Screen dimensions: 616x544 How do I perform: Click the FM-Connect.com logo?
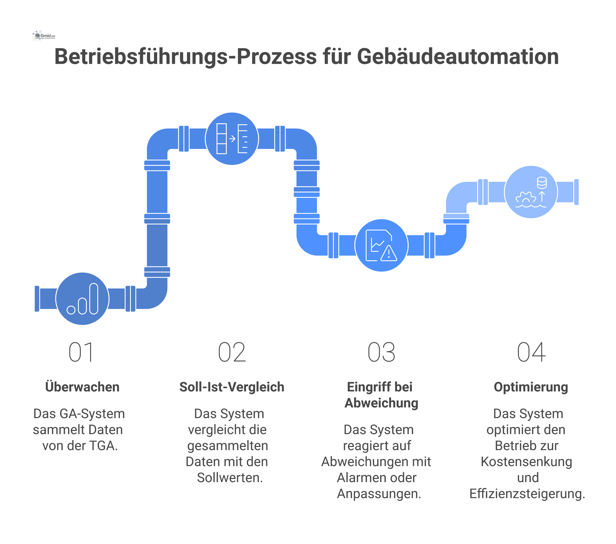coord(44,36)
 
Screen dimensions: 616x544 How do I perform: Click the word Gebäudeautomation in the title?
coord(458,57)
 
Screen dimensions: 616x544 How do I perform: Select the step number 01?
coord(81,352)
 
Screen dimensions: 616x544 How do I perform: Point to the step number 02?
coord(232,352)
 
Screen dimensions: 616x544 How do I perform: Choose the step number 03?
coord(381,352)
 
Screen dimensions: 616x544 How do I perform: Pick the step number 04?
coord(531,352)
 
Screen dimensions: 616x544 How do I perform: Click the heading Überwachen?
coord(82,387)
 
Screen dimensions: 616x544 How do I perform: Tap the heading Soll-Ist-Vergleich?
coord(232,387)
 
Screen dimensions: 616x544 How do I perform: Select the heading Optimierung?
coord(531,387)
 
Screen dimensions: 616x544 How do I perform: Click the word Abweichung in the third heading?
coord(381,403)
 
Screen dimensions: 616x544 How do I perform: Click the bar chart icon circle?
coord(82,299)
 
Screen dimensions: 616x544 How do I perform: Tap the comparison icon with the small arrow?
coord(232,139)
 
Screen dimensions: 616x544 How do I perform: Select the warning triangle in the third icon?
coord(389,253)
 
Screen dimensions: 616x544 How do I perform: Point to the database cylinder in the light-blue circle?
coord(542,183)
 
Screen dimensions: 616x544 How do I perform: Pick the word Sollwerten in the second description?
coord(230,478)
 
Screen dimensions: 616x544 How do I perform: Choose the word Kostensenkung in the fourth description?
coord(526,462)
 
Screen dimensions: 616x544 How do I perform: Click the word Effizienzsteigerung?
coord(527,494)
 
